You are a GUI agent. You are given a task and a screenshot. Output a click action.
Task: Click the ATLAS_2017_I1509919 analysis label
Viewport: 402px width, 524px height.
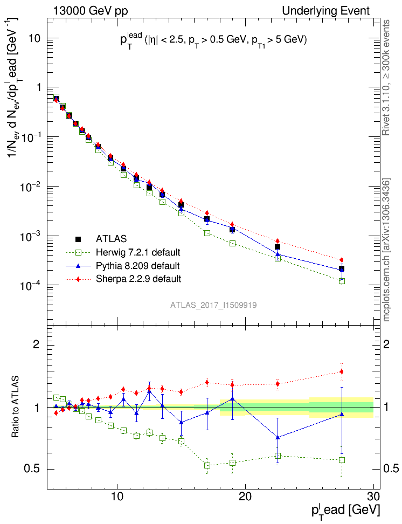click(213, 305)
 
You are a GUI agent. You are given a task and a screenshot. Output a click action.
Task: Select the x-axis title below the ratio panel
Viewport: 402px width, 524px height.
click(346, 511)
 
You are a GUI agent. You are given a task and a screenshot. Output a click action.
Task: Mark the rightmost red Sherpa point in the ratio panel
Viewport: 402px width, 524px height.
click(342, 371)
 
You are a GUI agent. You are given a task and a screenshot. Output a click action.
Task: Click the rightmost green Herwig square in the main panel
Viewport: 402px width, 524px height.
click(342, 281)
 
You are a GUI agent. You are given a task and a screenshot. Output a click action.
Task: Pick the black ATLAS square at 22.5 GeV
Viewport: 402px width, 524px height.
click(278, 247)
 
